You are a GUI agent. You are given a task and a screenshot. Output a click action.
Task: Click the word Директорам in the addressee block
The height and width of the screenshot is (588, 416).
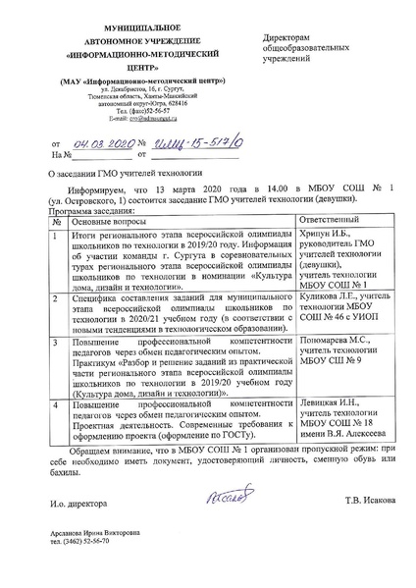point(284,36)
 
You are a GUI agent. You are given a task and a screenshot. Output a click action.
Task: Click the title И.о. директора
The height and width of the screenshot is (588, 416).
point(83,505)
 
